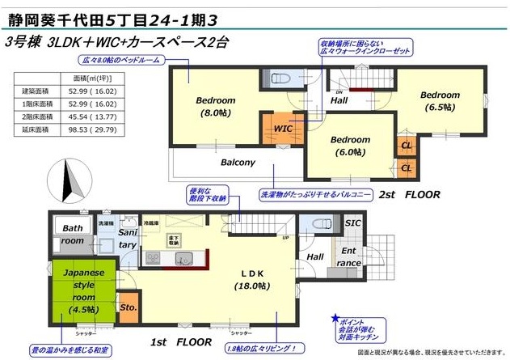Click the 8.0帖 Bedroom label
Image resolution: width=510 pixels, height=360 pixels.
215,107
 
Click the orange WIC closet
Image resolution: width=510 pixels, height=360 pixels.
282,129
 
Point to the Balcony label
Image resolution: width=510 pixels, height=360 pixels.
238,163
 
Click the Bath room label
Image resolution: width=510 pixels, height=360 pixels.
74,235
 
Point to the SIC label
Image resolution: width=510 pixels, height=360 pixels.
353,223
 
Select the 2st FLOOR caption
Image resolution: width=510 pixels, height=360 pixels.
409,195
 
